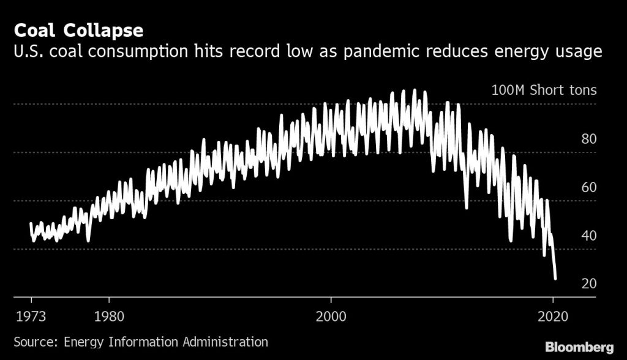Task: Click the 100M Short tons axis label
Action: [x=544, y=91]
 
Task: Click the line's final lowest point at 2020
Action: [x=555, y=279]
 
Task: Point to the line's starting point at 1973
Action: [x=31, y=223]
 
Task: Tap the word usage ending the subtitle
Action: [x=577, y=52]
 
